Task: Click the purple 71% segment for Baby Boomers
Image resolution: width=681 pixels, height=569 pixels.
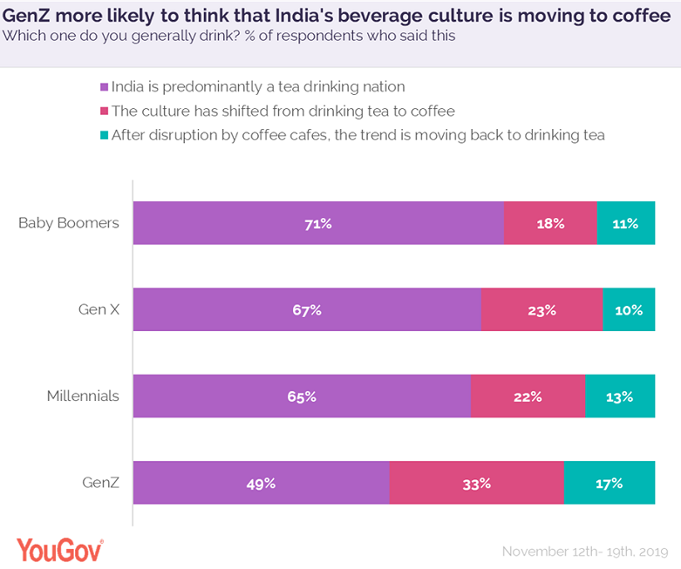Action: click(318, 223)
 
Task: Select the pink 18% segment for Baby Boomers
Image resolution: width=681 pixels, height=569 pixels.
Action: click(550, 223)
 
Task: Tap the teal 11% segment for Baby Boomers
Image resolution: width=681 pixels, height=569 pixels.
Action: click(626, 223)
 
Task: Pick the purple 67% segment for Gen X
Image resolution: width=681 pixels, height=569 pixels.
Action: click(307, 309)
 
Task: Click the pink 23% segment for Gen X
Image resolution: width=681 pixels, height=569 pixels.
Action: click(541, 309)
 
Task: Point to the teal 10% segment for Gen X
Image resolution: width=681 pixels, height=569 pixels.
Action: click(629, 309)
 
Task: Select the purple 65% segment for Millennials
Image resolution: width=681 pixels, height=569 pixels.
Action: click(302, 396)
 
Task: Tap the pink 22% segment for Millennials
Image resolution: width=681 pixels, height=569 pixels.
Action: click(528, 396)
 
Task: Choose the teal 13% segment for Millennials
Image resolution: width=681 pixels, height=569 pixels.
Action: click(620, 396)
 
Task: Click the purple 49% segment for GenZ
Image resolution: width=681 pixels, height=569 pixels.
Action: click(261, 483)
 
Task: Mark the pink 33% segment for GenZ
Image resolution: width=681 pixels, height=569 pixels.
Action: click(476, 483)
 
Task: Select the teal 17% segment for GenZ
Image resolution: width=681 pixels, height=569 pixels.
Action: click(609, 483)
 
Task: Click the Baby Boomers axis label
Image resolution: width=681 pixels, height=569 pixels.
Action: click(69, 223)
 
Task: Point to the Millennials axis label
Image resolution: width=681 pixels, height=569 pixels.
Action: click(83, 396)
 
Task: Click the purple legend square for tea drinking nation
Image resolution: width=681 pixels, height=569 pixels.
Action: click(105, 87)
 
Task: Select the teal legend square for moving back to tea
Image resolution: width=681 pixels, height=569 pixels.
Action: click(105, 136)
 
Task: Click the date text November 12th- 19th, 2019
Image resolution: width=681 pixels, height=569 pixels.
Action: click(584, 552)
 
